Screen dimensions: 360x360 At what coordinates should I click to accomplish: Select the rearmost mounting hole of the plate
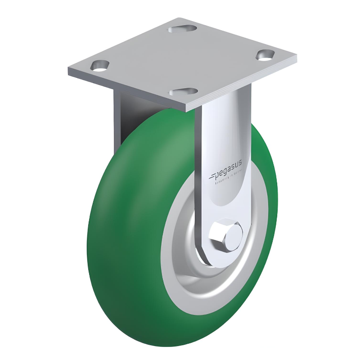point(182,29)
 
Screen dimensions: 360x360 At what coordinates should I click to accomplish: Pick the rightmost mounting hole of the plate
point(265,55)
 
